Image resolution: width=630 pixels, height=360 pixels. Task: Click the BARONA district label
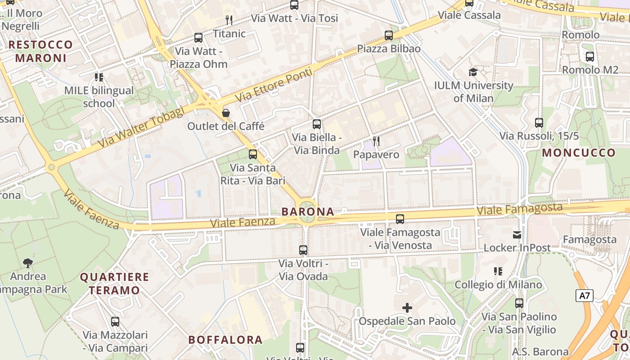point(308,211)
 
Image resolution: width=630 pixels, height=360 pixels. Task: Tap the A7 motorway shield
point(584,296)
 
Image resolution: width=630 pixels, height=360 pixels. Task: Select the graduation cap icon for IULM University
point(473,72)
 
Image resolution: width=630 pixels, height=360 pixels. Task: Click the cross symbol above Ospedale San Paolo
point(407,308)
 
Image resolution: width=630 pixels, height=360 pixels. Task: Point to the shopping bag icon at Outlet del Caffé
point(226,112)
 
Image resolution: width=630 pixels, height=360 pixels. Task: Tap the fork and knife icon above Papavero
point(376,141)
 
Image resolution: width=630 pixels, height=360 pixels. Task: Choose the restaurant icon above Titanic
point(229,20)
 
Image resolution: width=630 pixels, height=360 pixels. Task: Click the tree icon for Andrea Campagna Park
point(28,262)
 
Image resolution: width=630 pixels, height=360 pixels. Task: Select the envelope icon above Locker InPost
point(517,234)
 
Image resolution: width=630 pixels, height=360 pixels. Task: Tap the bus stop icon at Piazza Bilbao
point(389,35)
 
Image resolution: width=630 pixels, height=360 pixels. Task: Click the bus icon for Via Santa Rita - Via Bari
point(253,154)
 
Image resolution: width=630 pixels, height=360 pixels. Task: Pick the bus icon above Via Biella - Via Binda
point(317,124)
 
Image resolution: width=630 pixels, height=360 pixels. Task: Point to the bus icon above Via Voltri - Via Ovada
point(303,250)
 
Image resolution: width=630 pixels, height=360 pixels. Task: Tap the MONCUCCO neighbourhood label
point(578,153)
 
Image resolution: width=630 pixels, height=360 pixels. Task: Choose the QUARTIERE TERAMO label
point(114,283)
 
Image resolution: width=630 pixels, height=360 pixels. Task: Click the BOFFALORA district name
point(225,340)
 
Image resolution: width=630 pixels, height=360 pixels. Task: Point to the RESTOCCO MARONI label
point(40,51)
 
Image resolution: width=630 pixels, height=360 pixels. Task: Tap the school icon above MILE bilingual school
point(99,77)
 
